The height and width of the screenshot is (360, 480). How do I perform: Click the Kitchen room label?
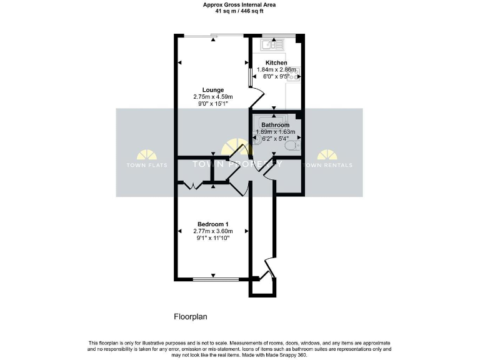(x=276, y=63)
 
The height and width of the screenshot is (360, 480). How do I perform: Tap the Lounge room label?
(x=212, y=90)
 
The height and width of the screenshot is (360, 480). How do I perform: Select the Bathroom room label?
(x=275, y=125)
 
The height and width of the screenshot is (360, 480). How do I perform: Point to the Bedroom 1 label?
(x=212, y=224)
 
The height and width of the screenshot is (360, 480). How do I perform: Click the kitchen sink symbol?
(x=273, y=44)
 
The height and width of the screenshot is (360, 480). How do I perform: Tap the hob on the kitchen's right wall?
(x=294, y=74)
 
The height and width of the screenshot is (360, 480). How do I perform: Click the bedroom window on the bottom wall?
(x=213, y=279)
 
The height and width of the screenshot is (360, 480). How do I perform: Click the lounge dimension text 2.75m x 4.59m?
(x=212, y=97)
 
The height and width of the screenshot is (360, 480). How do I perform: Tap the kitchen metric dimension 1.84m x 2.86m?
(x=276, y=70)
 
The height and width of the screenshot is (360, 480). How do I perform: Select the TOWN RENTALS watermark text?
(x=327, y=165)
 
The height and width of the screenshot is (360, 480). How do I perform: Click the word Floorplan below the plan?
(x=190, y=317)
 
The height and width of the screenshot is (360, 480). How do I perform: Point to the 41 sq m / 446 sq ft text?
(x=241, y=11)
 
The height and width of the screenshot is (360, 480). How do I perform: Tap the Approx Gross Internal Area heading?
(x=241, y=4)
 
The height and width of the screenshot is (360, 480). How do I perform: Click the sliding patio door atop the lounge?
(x=213, y=36)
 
